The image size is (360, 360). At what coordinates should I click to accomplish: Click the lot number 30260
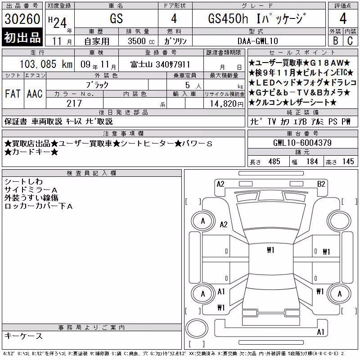coord(22,19)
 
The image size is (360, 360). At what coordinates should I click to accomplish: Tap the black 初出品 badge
coord(22,37)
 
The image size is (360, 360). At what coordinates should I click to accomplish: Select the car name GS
coord(117,18)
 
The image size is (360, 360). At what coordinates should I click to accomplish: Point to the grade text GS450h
coord(228,18)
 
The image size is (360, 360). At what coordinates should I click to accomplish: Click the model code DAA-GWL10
coord(258,41)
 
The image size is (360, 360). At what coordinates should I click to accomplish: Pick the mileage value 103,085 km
coord(46,64)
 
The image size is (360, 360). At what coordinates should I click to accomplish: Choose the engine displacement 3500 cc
coord(141,41)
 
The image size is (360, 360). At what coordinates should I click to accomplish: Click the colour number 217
coord(74,103)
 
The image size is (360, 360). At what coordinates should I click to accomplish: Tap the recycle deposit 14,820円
coord(226,104)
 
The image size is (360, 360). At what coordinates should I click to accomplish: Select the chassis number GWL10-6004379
coord(302,143)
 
